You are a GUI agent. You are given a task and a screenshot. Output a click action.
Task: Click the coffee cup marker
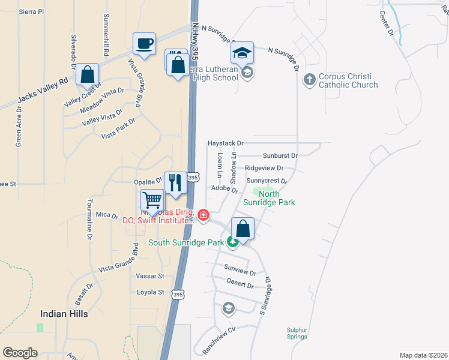pyautogui.click(x=144, y=44)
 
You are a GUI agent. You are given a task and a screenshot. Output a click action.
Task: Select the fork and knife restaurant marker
pyautogui.click(x=175, y=183)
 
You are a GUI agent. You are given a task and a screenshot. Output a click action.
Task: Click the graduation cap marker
pyautogui.click(x=242, y=53)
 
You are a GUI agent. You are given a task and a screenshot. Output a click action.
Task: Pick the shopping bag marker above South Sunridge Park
pyautogui.click(x=243, y=229)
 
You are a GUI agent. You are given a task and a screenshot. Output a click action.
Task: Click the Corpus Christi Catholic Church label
pyautogui.click(x=348, y=81)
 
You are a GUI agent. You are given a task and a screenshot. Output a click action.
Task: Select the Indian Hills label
pyautogui.click(x=64, y=314)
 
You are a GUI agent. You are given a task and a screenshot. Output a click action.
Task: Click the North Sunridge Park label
pyautogui.click(x=269, y=199)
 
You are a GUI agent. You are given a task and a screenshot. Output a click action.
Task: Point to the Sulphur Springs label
pyautogui.click(x=297, y=333)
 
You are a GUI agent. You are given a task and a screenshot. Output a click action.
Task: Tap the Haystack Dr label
pyautogui.click(x=225, y=144)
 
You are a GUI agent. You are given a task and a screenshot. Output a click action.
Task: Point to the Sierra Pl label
pyautogui.click(x=32, y=11)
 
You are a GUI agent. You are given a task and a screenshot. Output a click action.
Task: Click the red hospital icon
pyautogui.click(x=203, y=215)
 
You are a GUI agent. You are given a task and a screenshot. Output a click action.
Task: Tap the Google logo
pyautogui.click(x=20, y=353)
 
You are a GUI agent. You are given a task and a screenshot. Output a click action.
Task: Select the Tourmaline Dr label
pyautogui.click(x=89, y=220)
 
